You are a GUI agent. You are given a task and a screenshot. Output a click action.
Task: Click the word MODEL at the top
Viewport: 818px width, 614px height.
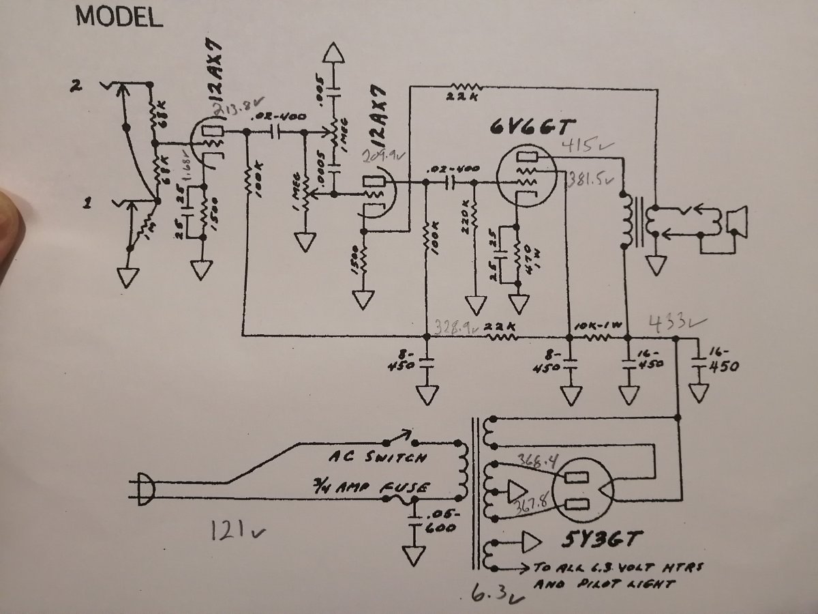[x=119, y=17]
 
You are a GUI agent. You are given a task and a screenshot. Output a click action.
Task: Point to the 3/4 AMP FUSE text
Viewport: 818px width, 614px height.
[x=369, y=487]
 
